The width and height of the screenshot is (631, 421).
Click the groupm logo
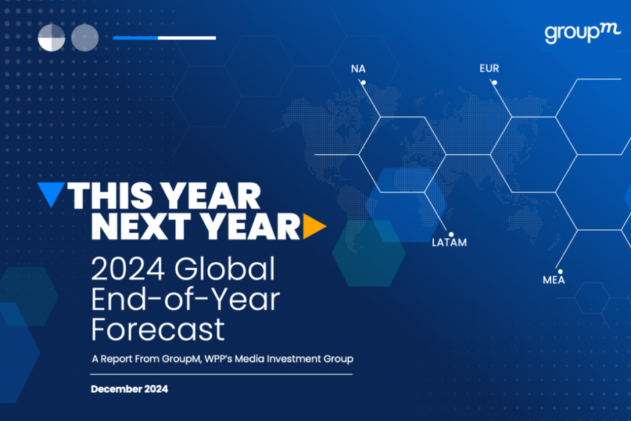[x=582, y=33]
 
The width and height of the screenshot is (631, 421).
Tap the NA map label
[x=358, y=69]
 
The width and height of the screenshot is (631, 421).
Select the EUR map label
[x=489, y=68]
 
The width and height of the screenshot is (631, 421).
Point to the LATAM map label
[x=449, y=243]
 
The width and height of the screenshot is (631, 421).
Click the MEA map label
[x=554, y=280]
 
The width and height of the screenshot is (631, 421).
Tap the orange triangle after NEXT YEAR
[x=314, y=226]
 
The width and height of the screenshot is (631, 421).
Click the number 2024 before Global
[x=128, y=269]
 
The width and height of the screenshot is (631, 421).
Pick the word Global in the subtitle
[x=225, y=268]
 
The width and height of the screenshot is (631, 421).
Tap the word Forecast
[x=158, y=330]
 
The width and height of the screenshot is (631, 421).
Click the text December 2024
[x=129, y=389]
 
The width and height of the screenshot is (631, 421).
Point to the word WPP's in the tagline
[x=218, y=359]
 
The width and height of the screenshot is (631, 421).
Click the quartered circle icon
[x=52, y=38]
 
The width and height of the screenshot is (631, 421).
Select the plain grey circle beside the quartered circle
[x=85, y=38]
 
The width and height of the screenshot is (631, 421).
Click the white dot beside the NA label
[x=364, y=83]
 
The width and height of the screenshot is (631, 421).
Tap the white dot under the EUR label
[x=495, y=83]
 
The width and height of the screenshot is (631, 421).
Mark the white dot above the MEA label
[x=560, y=272]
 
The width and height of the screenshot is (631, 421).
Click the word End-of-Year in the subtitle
[x=185, y=300]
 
